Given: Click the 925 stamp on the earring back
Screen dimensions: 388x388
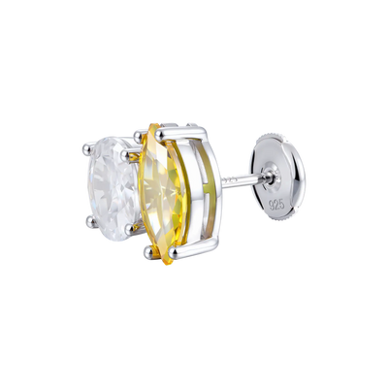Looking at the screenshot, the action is coord(277,204).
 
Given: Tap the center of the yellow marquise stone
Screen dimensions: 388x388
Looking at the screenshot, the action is coord(163,194).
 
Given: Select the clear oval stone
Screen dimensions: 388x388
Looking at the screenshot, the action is coord(113,188).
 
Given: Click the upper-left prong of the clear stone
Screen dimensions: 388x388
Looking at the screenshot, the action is coord(87,148).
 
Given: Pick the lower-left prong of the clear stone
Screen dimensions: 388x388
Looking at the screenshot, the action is coord(91,221).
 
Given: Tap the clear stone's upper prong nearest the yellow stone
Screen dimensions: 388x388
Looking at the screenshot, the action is coord(125,156).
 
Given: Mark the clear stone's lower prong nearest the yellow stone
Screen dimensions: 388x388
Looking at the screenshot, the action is coord(131,229).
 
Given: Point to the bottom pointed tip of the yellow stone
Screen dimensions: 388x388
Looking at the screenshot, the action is coord(167,264).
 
